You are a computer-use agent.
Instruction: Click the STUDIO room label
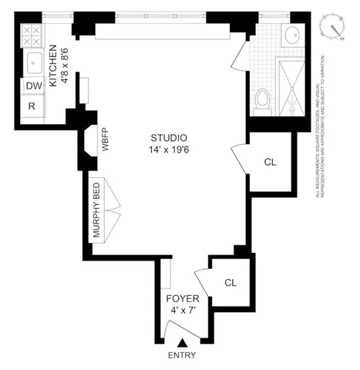click(x=167, y=138)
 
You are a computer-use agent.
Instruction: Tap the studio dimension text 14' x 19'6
click(x=167, y=150)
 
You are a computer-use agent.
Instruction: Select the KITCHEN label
click(x=53, y=49)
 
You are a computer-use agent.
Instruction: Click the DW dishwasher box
click(x=33, y=86)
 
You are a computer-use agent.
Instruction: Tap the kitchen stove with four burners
click(x=33, y=35)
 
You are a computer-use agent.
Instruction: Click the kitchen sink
click(x=33, y=62)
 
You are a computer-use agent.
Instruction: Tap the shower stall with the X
click(x=291, y=88)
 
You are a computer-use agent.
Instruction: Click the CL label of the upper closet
click(x=270, y=162)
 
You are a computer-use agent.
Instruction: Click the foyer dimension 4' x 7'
click(x=184, y=310)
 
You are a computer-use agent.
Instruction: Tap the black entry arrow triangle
click(x=182, y=342)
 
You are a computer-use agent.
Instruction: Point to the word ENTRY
click(x=182, y=355)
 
